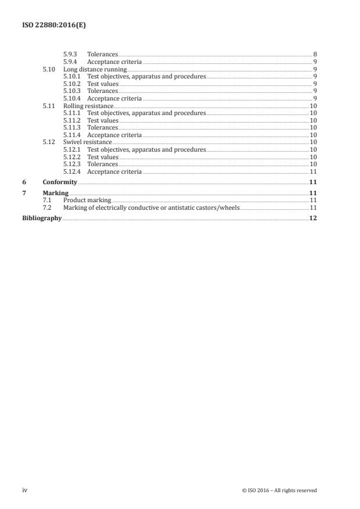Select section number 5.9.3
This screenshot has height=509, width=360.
click(x=70, y=54)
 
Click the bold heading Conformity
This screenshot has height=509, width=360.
click(x=60, y=182)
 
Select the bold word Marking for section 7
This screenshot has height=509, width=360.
click(x=56, y=193)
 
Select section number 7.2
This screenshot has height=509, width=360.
click(x=47, y=207)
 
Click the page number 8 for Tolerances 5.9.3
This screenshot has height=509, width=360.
click(x=315, y=54)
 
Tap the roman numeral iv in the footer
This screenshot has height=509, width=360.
click(x=25, y=490)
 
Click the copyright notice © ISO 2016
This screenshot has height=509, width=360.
click(x=279, y=490)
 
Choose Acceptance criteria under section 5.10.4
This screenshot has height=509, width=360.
click(x=114, y=98)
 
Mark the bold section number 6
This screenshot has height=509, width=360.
click(x=24, y=182)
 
